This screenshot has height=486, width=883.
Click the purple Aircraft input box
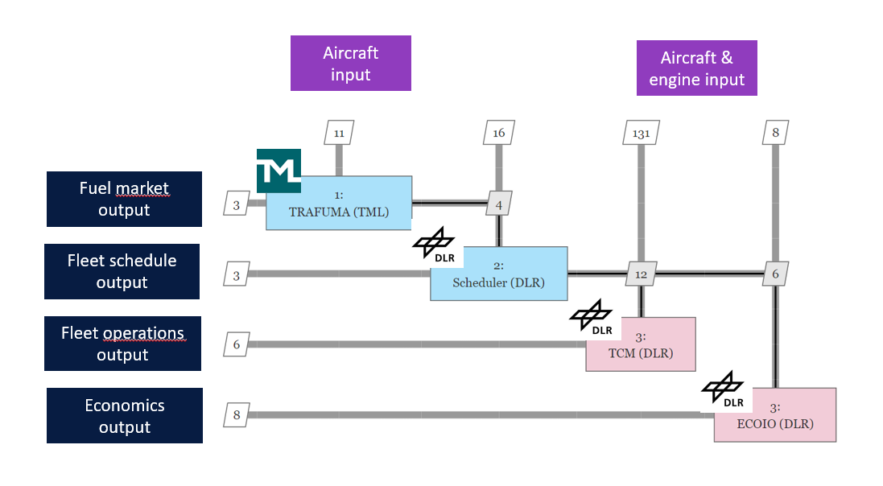350,64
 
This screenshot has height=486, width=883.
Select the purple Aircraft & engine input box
696,68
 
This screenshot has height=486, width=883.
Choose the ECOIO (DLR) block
774,416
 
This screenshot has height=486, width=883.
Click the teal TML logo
279,171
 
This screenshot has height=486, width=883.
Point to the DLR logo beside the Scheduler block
434,243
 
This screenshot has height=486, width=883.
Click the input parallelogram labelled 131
642,133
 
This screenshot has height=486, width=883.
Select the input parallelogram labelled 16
499,133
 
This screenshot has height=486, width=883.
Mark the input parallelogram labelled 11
339,133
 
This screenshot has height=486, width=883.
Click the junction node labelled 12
641,274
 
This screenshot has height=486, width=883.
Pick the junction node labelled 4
499,204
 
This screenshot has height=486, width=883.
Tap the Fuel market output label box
124,199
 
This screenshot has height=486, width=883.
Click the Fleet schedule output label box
122,271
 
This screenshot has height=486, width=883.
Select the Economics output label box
125,415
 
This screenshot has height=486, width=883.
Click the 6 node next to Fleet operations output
237,344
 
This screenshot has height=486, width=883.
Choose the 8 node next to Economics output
237,415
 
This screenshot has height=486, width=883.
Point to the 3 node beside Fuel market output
237,204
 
